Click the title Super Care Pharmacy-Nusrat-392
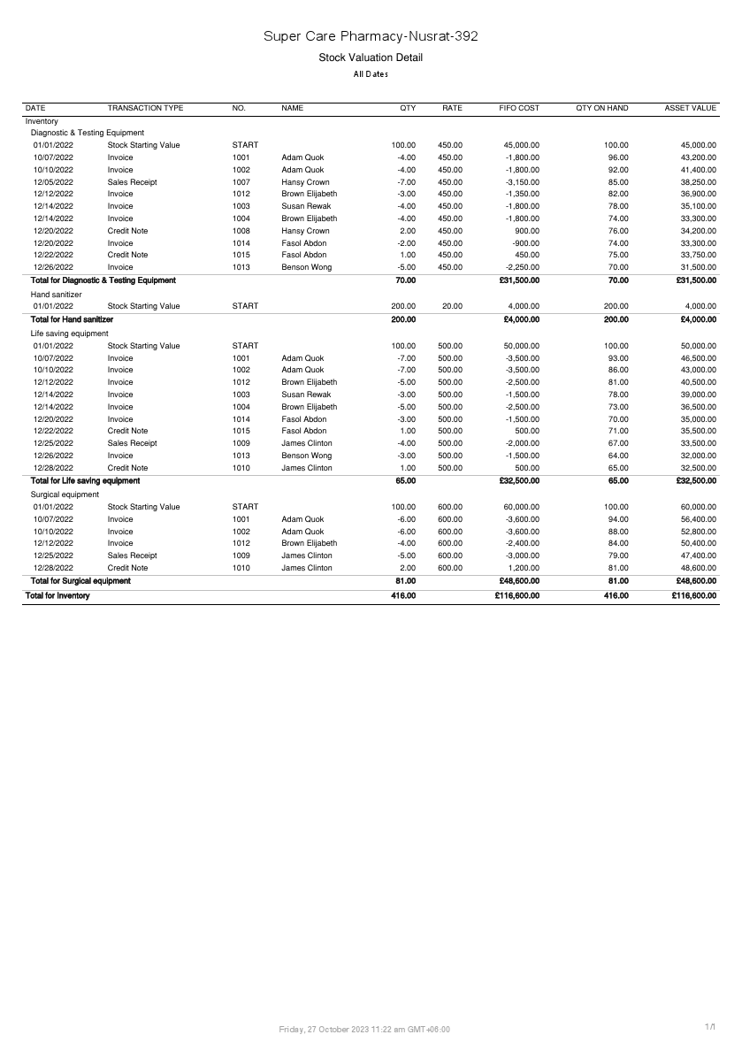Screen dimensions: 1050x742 371,36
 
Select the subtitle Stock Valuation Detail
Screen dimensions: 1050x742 371,57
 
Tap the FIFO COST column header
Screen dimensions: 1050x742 519,108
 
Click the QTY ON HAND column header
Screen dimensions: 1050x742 601,108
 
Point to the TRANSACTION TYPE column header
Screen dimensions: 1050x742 145,108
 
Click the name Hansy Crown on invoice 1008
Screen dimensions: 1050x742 305,230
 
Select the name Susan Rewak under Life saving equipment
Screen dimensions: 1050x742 306,395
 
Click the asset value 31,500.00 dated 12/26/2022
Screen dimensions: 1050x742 698,266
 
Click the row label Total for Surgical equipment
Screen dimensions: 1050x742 80,581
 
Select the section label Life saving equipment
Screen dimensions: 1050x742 69,333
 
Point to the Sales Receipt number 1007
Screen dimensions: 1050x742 241,182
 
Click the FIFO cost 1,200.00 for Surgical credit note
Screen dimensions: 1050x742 521,568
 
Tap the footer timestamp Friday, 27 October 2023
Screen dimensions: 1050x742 363,1029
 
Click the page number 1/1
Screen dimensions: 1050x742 710,1026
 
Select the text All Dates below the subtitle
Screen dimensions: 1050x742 371,74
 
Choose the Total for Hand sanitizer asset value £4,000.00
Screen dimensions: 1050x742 696,319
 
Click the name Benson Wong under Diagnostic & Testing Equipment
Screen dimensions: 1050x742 307,266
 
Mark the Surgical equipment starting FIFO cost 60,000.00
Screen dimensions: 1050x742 521,507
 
